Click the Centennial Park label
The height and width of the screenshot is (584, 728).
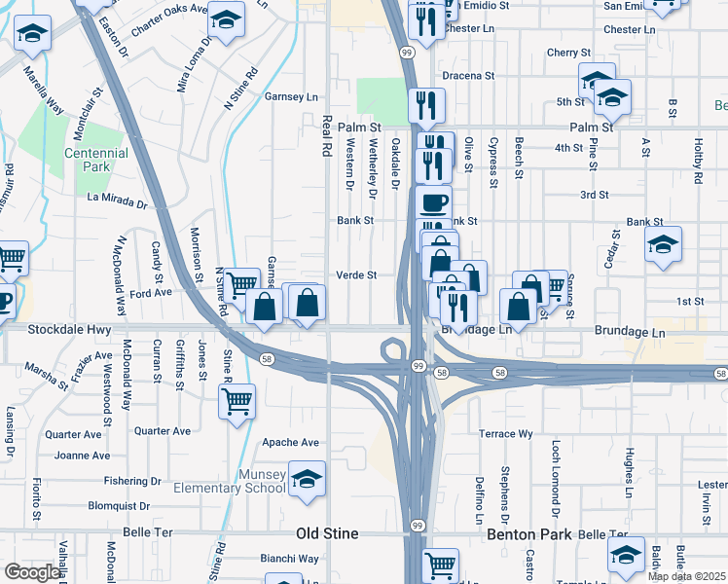[96, 161]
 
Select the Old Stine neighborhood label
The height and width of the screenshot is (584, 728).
[328, 533]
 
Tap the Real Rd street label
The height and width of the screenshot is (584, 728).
[327, 135]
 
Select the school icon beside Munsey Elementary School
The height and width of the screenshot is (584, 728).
[307, 478]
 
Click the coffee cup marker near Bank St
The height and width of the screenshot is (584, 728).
[433, 202]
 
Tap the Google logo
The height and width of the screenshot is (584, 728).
[32, 572]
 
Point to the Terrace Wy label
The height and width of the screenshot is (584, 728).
[505, 433]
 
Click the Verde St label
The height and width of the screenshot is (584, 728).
[356, 275]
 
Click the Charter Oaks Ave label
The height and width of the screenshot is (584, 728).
[169, 20]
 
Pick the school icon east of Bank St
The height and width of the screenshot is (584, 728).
[663, 244]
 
